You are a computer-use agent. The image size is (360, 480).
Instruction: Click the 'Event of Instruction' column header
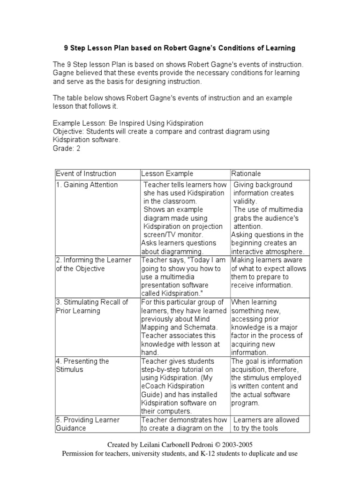coord(86,174)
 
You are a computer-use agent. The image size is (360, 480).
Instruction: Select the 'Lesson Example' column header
coord(167,174)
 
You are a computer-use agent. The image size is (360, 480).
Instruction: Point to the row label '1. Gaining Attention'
coord(87,185)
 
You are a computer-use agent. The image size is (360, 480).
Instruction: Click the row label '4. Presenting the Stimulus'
coord(82,365)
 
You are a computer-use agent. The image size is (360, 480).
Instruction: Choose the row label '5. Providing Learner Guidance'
coord(87,424)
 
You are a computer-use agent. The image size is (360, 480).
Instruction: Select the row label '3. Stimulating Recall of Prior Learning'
coord(91,307)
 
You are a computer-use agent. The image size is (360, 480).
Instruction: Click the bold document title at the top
coord(180,48)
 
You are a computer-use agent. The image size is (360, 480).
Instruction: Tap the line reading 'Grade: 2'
coord(67,149)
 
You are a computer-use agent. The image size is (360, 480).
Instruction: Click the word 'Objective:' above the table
coord(68,132)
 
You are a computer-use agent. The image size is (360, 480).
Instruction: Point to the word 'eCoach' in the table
coord(153,386)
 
